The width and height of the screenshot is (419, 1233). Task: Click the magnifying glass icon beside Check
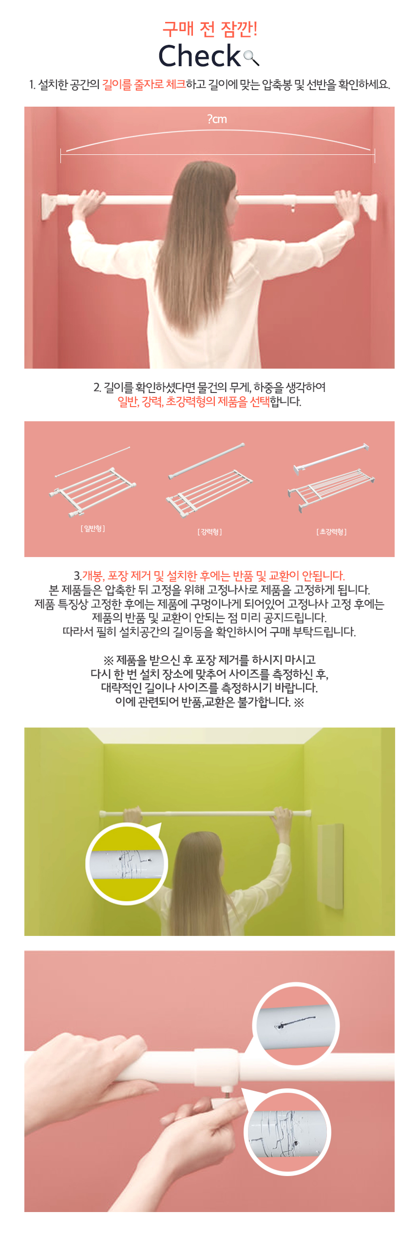pyautogui.click(x=251, y=57)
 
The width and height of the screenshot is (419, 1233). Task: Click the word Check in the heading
pyautogui.click(x=200, y=56)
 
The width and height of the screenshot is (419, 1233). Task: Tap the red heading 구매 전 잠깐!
pyautogui.click(x=209, y=29)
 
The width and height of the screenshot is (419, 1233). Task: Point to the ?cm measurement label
pyautogui.click(x=217, y=119)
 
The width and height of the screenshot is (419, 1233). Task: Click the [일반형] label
pyautogui.click(x=93, y=528)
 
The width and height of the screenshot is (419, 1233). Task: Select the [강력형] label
pyautogui.click(x=209, y=532)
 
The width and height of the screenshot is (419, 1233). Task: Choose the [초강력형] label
pyautogui.click(x=331, y=532)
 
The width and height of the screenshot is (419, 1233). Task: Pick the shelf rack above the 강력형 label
pyautogui.click(x=209, y=492)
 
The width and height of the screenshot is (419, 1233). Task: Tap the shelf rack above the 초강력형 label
pyautogui.click(x=331, y=489)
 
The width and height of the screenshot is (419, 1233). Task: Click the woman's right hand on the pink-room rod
pyautogui.click(x=347, y=201)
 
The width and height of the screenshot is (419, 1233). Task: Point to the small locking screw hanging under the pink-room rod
pyautogui.click(x=293, y=208)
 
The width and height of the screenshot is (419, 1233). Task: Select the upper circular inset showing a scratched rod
pyautogui.click(x=296, y=1025)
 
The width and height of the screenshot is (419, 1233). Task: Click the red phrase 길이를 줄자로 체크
pyautogui.click(x=144, y=85)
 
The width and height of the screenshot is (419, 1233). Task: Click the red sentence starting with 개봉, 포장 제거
pyautogui.click(x=213, y=576)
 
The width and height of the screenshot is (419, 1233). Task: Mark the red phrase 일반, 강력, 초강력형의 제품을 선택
pyautogui.click(x=193, y=402)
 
